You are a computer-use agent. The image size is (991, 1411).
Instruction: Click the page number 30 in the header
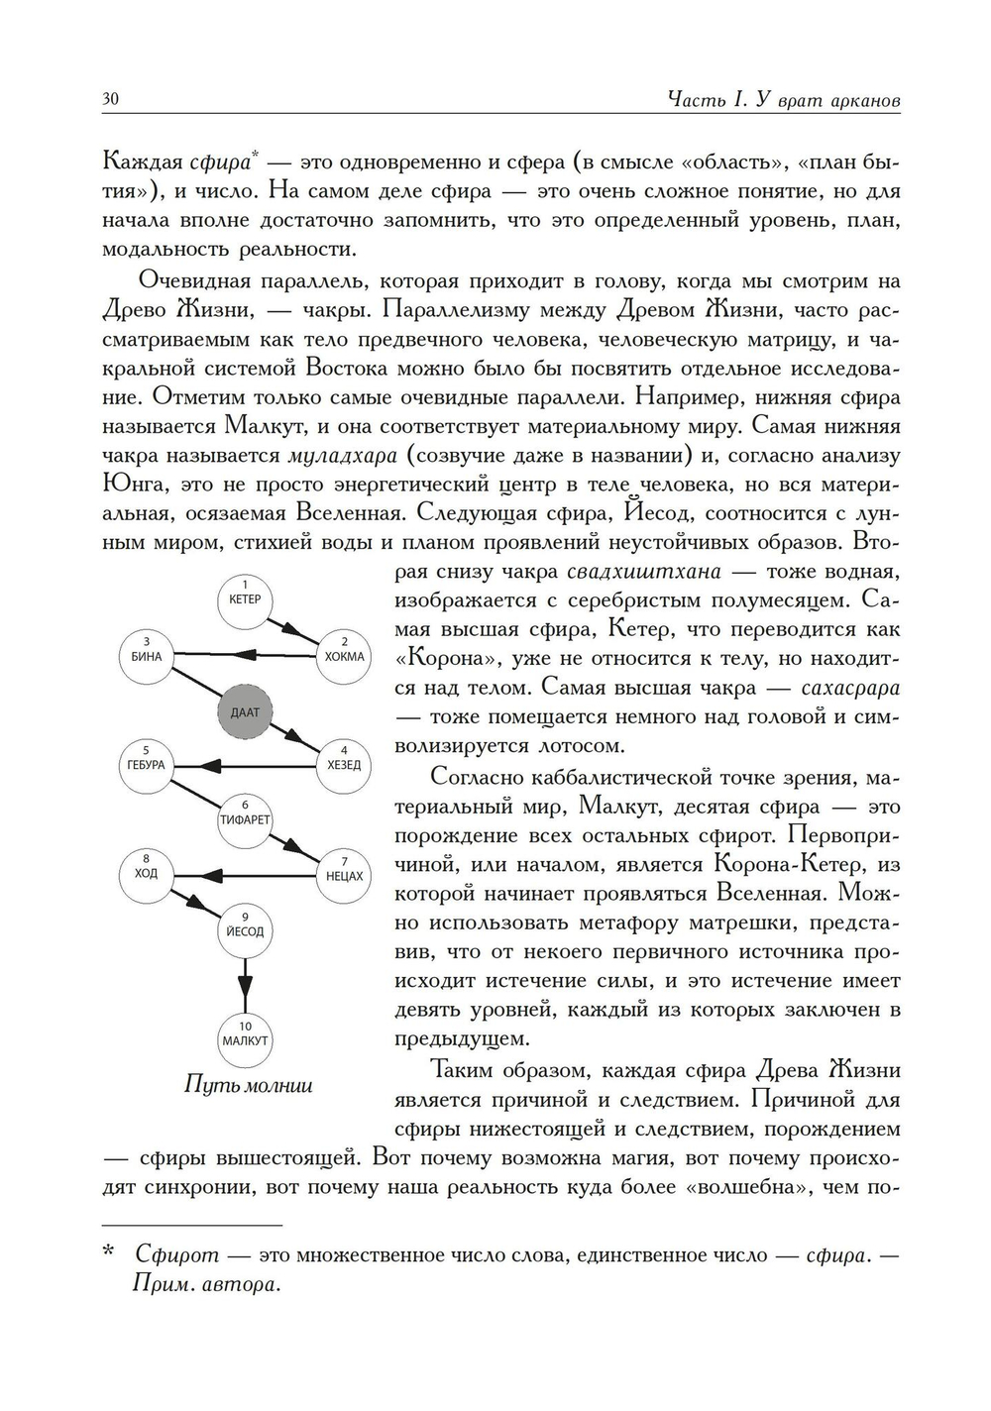110,99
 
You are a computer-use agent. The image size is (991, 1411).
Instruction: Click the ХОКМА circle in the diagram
344,655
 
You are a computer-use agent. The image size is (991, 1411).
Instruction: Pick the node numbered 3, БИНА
147,655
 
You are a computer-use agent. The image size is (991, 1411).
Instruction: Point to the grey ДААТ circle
245,711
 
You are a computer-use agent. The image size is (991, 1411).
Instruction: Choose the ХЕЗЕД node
344,764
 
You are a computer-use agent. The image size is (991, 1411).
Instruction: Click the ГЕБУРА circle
147,764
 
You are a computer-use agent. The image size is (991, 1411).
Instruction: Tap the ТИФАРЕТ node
245,819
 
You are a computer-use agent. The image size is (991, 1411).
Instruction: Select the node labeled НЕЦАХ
344,875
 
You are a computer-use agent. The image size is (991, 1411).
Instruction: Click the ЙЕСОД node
245,930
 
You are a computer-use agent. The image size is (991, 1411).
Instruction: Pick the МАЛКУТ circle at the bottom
245,1039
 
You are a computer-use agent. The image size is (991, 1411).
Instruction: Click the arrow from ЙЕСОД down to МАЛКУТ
245,986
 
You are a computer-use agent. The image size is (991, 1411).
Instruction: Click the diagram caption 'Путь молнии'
249,1085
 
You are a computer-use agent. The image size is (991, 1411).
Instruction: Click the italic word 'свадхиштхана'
643,572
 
